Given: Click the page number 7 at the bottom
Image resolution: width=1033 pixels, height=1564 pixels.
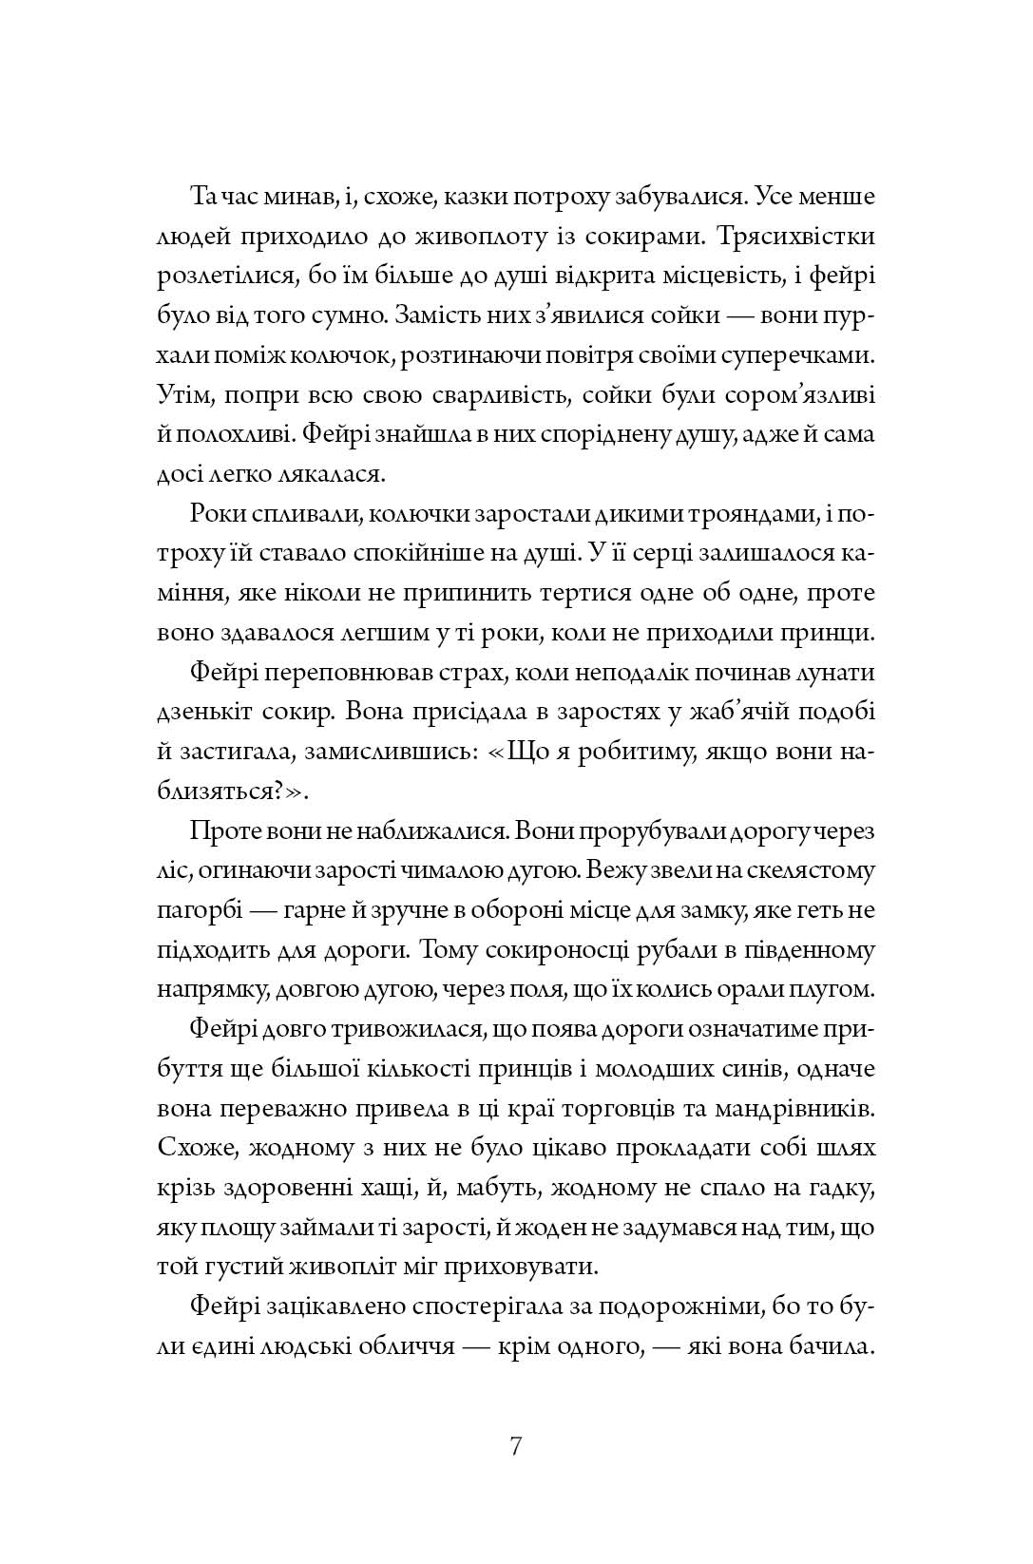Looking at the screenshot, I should [516, 1447].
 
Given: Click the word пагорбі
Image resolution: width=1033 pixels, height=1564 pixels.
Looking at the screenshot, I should [200, 909].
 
